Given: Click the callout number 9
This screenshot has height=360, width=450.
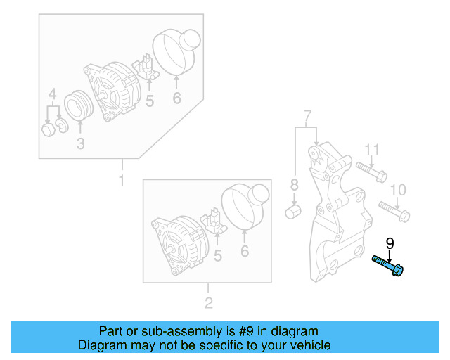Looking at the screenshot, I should click(x=390, y=244).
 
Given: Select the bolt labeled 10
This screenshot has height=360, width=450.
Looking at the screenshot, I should click(x=394, y=210).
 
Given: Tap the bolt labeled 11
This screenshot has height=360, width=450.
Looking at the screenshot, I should click(x=370, y=170).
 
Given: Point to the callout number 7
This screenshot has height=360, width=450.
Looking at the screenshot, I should click(x=307, y=115).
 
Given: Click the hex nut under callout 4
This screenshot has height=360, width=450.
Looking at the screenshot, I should click(x=49, y=130).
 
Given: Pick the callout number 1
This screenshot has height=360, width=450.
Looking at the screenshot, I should click(x=121, y=181).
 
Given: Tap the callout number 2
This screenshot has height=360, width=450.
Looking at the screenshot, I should click(x=208, y=304).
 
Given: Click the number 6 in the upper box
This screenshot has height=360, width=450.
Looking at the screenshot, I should click(x=176, y=99).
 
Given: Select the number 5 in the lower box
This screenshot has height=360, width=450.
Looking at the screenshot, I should click(x=217, y=256).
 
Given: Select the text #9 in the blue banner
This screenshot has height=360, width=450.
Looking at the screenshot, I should click(x=245, y=331).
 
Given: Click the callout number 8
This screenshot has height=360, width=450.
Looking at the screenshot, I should click(x=295, y=186).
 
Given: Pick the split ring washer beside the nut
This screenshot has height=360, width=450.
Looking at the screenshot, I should click(x=61, y=126).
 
